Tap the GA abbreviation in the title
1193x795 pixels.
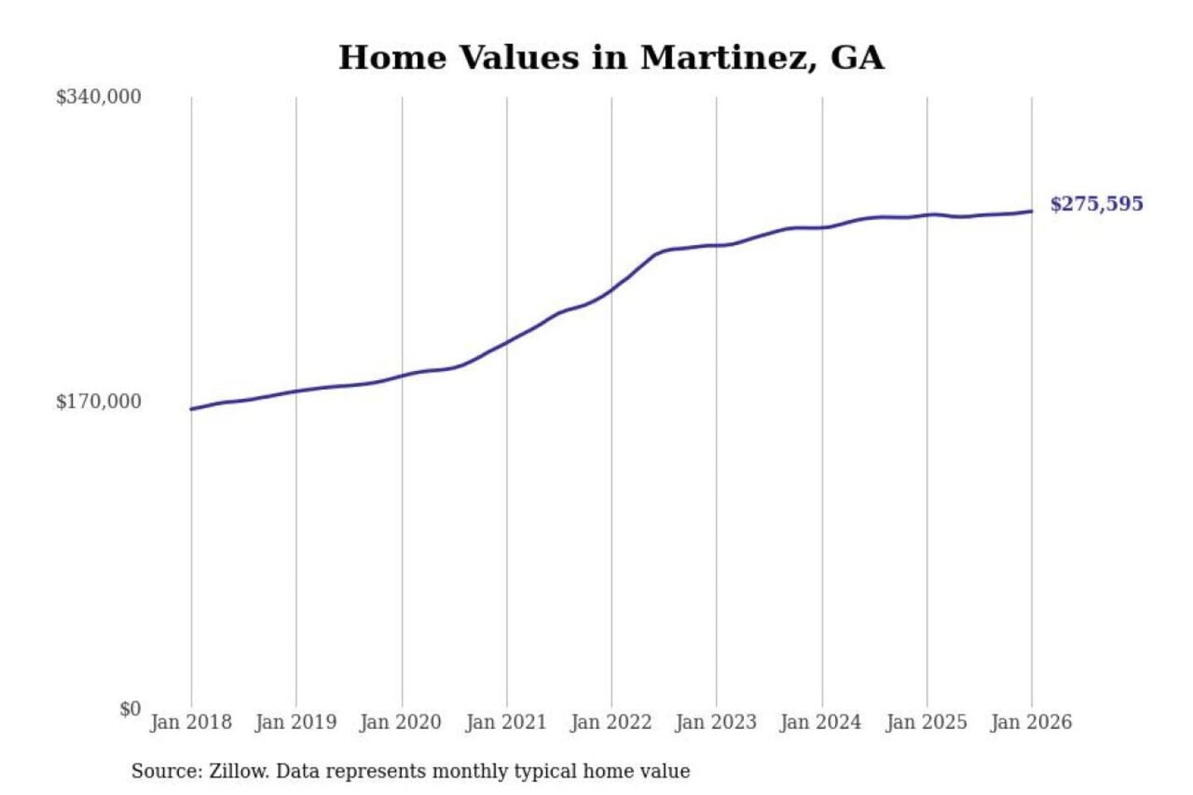pos(857,58)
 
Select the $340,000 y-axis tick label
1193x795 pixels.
pos(99,97)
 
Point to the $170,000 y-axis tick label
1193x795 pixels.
pos(99,402)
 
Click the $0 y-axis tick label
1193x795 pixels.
pos(130,709)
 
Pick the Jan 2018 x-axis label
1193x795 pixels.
pos(191,722)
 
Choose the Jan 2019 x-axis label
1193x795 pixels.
pos(296,722)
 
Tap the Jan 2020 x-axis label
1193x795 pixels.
pos(401,722)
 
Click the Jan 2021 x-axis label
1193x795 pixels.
pos(506,722)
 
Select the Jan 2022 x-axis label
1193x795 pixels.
pos(611,722)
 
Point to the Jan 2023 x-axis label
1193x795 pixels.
pos(717,722)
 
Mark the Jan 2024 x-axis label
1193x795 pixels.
pos(821,722)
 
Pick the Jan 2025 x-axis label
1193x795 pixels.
pos(926,722)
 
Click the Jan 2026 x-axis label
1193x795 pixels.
pos(1031,722)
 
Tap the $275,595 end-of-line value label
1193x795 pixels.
pos(1096,204)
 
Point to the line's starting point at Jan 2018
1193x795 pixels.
pos(191,409)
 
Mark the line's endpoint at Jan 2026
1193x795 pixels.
pos(1031,211)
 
